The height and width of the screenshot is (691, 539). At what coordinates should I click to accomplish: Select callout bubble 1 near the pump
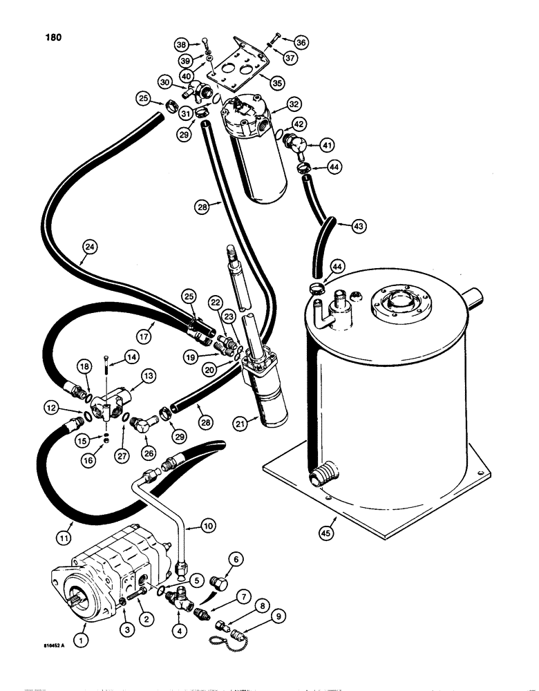point(82,642)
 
